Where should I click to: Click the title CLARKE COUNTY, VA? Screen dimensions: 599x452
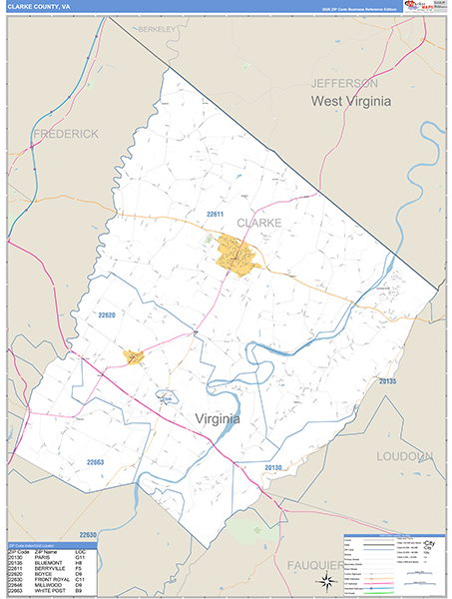[39, 6]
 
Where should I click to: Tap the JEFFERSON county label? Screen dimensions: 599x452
[343, 83]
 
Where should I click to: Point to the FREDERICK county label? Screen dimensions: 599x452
[66, 133]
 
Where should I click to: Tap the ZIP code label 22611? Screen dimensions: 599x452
[217, 215]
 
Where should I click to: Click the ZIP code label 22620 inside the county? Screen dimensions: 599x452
[107, 315]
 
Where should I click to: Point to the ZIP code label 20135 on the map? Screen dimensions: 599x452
[387, 381]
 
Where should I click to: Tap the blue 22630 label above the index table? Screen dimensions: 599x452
[90, 534]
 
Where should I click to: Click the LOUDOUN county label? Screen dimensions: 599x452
[405, 456]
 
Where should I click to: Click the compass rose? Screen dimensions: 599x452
[324, 582]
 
